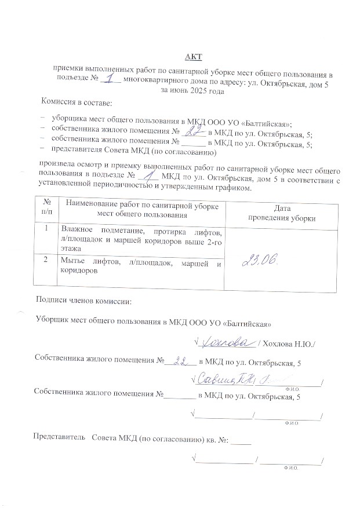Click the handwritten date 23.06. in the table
[261, 262]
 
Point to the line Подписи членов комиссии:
[83, 301]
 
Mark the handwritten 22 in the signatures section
[181, 361]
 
